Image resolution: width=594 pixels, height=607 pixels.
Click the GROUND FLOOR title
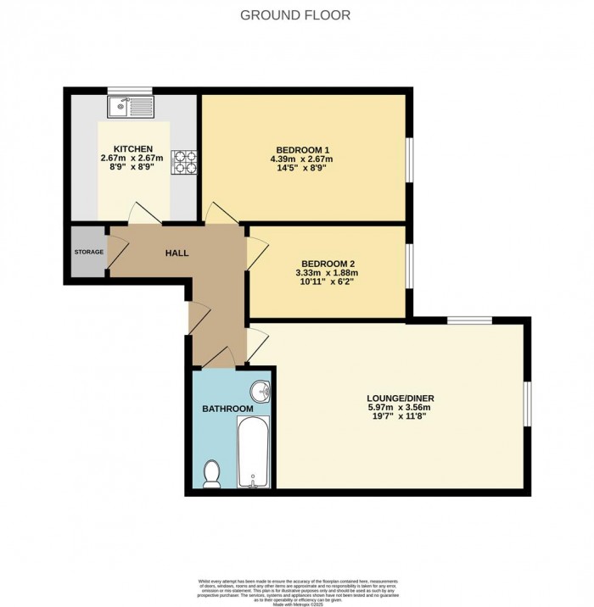[x=295, y=15]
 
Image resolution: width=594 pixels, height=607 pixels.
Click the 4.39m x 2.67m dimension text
[x=301, y=159]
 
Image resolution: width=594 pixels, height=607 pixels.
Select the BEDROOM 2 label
[x=327, y=263]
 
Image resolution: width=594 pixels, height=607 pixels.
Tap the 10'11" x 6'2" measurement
[x=327, y=282]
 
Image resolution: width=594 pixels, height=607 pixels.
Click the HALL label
[x=177, y=253]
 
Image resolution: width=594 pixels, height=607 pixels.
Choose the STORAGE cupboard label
[x=88, y=252]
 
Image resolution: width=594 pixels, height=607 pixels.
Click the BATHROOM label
[x=227, y=409]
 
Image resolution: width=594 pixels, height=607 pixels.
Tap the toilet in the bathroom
[x=213, y=472]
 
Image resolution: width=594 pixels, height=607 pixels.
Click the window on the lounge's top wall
[x=469, y=320]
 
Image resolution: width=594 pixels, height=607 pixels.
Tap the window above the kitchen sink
[x=129, y=90]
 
